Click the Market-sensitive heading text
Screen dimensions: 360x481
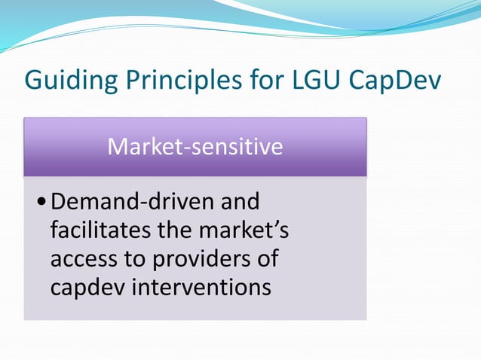pos(195,145)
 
